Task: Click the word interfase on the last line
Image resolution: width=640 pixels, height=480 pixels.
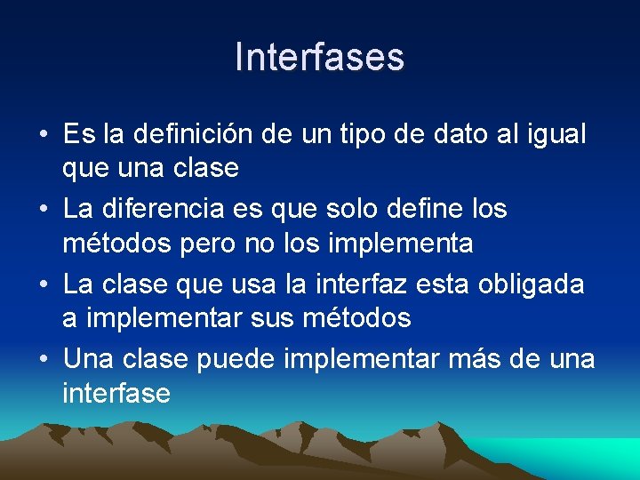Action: pyautogui.click(x=116, y=392)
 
